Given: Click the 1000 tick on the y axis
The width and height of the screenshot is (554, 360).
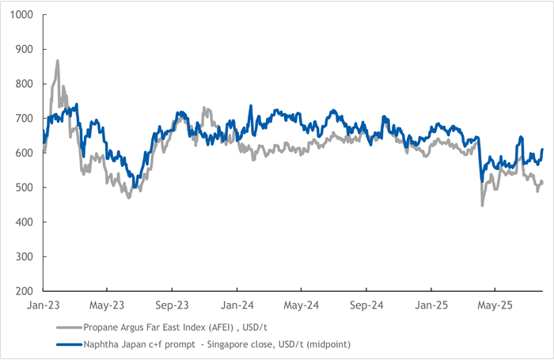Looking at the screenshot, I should [x=21, y=15].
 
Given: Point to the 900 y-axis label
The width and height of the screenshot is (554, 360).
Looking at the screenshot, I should [x=25, y=49].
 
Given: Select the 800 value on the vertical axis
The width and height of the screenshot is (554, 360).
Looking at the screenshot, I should [x=25, y=84].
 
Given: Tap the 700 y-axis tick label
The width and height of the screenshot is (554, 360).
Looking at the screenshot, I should [x=25, y=119].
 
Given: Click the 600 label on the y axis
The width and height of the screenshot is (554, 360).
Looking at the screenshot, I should [x=25, y=153].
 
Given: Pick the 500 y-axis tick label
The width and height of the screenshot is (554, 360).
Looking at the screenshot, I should [x=25, y=188].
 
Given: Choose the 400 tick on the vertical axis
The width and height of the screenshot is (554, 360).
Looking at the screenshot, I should [x=25, y=222].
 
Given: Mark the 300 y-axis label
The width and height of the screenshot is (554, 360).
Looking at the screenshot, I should [x=25, y=256].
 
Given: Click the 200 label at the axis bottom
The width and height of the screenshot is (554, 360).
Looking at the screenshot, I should [x=25, y=291].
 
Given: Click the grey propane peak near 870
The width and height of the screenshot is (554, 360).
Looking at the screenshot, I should [x=57, y=60].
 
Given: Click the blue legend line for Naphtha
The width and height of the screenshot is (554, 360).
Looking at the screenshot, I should [x=73, y=344].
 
